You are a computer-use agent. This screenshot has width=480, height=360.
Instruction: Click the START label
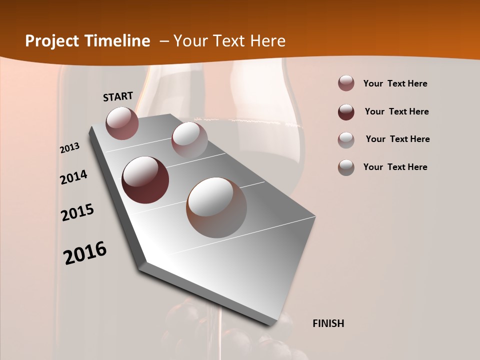[x=118, y=96]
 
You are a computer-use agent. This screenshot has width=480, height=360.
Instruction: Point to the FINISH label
[x=328, y=323]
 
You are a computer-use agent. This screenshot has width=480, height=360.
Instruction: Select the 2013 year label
[x=70, y=148]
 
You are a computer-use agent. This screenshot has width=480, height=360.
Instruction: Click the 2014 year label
[x=74, y=177]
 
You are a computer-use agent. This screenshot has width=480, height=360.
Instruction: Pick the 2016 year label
[x=85, y=253]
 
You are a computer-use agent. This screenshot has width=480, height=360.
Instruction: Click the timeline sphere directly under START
[x=122, y=123]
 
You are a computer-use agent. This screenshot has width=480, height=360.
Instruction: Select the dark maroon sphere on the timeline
[x=145, y=180]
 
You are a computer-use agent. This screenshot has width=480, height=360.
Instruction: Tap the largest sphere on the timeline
[x=216, y=207]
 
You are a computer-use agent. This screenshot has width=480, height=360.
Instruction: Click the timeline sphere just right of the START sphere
[x=189, y=139]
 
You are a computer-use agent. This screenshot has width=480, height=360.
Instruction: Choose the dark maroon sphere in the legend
[x=346, y=112]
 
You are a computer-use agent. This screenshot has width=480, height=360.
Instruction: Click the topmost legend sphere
[x=346, y=83]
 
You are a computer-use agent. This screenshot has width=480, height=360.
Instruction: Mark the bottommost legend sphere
[x=346, y=167]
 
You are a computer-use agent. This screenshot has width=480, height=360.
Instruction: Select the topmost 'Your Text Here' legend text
[x=395, y=83]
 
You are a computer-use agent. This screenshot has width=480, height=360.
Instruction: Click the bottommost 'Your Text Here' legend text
[x=395, y=167]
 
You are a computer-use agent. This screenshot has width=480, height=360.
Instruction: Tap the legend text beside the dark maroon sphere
[x=396, y=111]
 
